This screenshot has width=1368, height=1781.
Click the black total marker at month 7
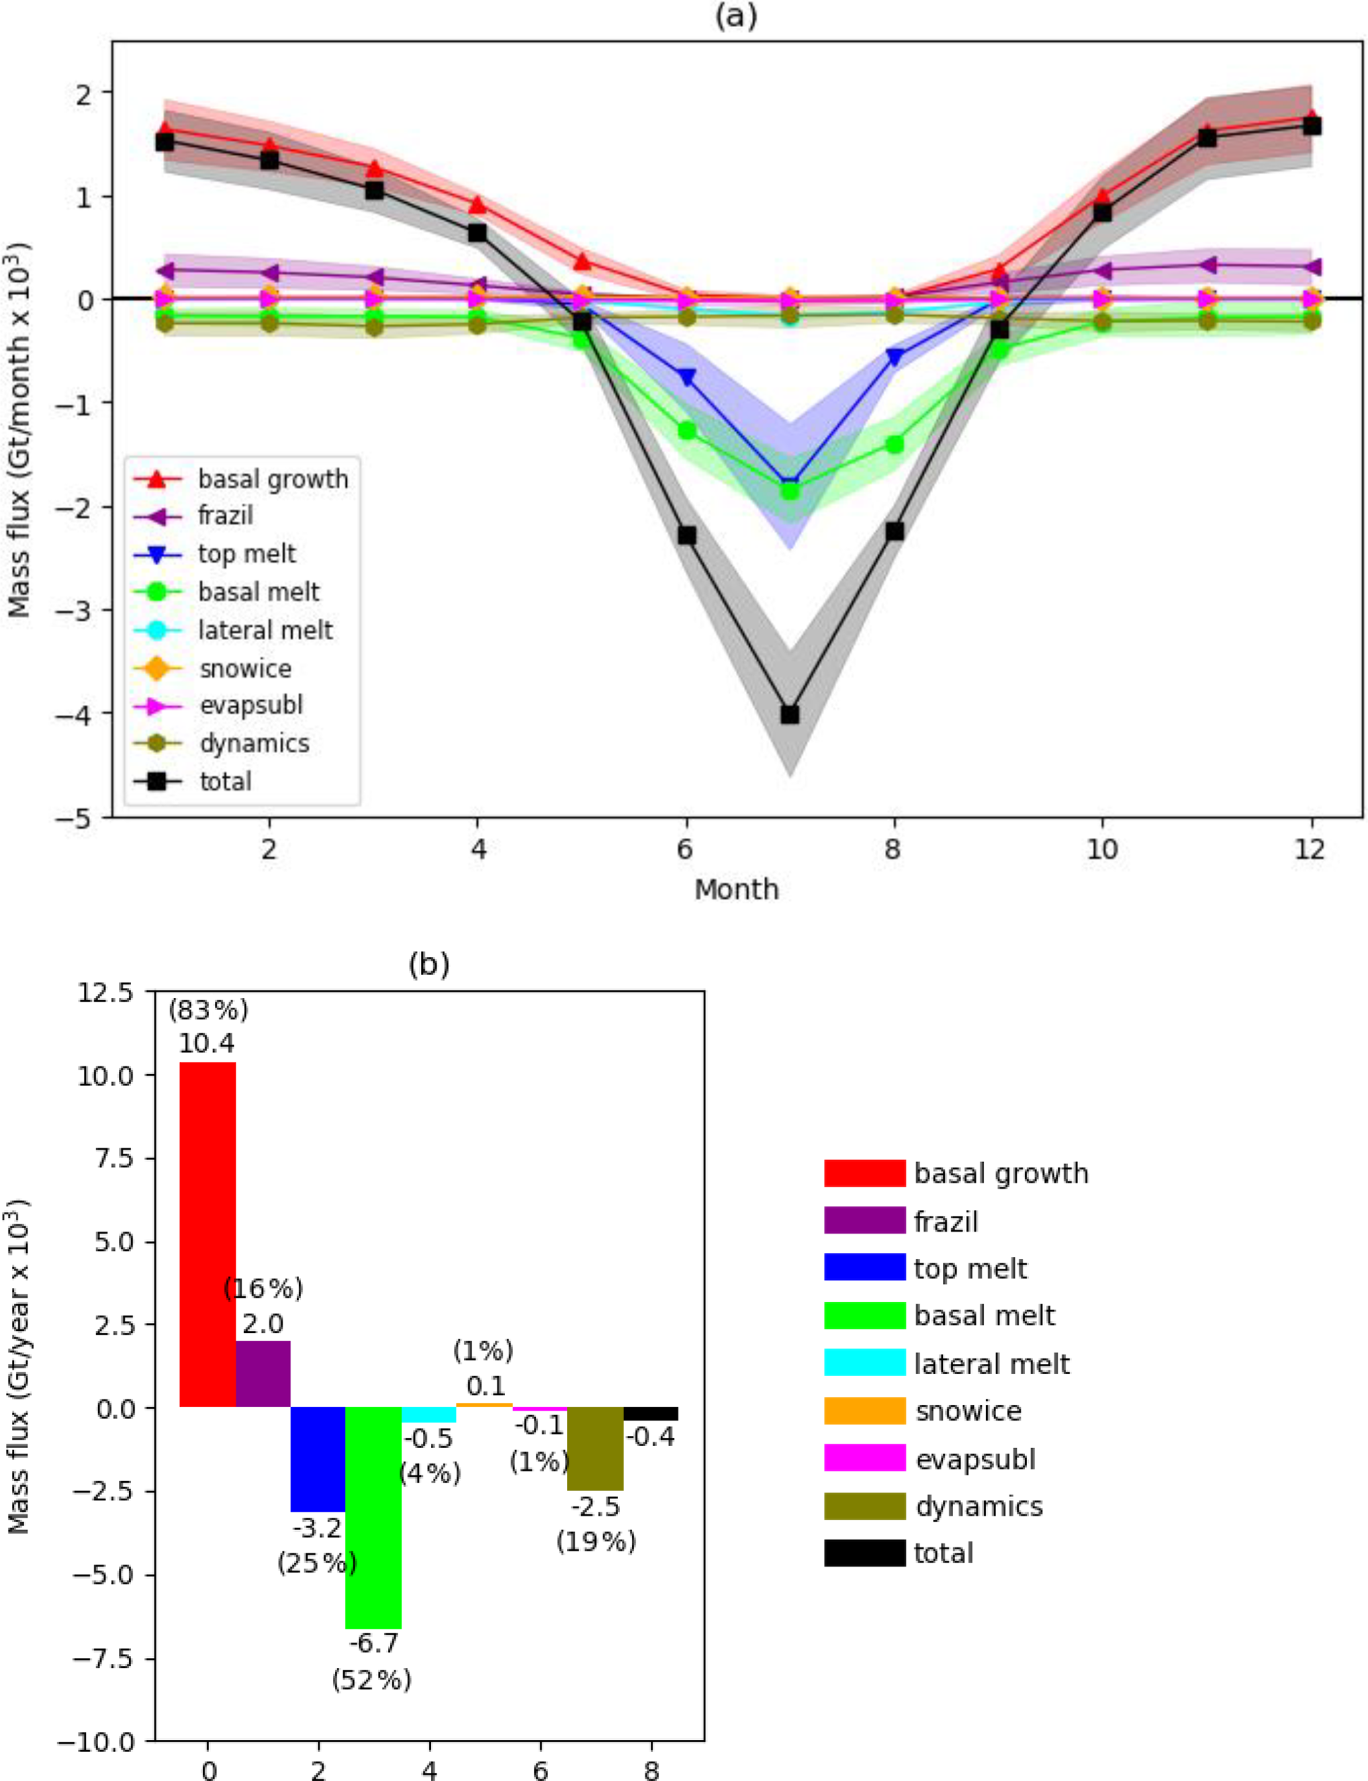click(x=789, y=714)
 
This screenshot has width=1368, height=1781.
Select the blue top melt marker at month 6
click(x=686, y=377)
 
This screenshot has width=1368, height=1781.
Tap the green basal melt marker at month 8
click(x=895, y=445)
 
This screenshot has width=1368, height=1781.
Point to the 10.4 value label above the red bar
click(x=207, y=1044)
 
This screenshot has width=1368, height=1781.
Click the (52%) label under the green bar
click(x=371, y=1679)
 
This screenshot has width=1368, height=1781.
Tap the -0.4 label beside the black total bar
click(x=651, y=1438)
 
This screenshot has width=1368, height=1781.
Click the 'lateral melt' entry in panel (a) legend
click(x=265, y=630)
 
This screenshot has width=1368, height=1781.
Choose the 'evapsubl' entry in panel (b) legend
click(x=975, y=1459)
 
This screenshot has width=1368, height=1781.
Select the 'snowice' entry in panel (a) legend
click(x=245, y=668)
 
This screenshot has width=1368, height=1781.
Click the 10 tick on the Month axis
click(x=1102, y=849)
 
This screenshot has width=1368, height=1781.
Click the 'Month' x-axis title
click(x=736, y=890)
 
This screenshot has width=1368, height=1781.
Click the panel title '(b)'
click(x=428, y=964)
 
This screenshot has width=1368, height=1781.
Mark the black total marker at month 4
click(x=477, y=233)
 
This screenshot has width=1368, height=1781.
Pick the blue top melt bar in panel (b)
click(x=318, y=1459)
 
